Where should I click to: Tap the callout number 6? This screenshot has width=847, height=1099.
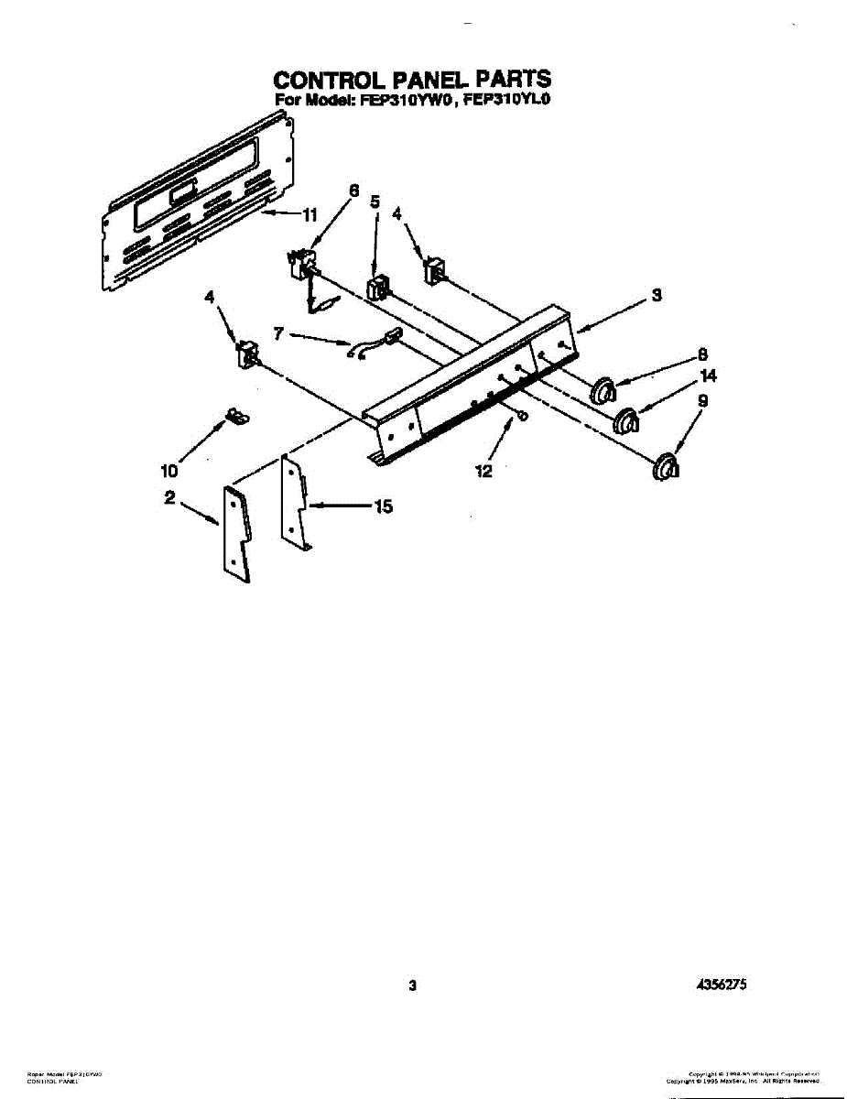pos(353,191)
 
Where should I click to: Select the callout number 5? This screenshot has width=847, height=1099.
pos(375,201)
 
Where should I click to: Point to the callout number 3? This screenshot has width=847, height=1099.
pos(657,296)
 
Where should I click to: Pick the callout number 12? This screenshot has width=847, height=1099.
pos(483,472)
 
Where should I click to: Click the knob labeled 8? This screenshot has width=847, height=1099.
pos(602,390)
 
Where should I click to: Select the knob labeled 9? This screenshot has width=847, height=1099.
pos(667,466)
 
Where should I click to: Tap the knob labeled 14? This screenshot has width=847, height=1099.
pos(625,422)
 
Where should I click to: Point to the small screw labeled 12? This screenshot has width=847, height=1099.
pos(520,416)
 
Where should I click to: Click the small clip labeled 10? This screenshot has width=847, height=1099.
pos(236,417)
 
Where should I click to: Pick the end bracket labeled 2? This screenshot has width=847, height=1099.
pos(236,533)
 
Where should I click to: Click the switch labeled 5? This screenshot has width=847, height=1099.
pos(376,288)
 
